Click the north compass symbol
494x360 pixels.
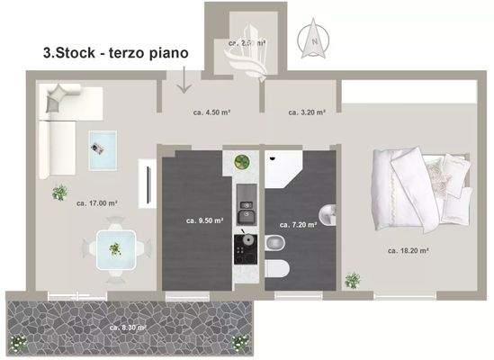click(x=314, y=39)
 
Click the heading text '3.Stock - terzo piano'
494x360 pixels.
click(x=116, y=53)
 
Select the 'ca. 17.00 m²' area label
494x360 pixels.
click(x=98, y=203)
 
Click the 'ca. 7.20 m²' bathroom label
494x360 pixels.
click(x=298, y=225)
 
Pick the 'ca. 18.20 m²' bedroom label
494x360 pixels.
click(x=409, y=250)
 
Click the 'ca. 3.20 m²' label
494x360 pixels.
click(x=307, y=112)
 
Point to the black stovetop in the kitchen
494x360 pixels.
click(x=243, y=244)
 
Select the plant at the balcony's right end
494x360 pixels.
click(x=239, y=341)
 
